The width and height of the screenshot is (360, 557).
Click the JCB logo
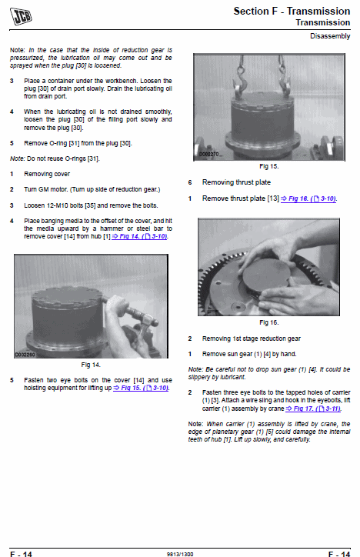click(21, 16)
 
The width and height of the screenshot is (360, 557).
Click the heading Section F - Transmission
click(292, 11)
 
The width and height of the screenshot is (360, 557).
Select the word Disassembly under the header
click(330, 36)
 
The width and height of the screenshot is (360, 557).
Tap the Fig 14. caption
click(91, 365)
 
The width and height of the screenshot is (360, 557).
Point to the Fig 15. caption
click(268, 166)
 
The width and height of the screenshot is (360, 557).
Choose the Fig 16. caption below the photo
click(268, 322)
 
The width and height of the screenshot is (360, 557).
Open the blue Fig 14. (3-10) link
click(139, 236)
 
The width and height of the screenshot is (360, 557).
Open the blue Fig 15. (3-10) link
click(141, 388)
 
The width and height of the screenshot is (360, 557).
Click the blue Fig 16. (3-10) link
click(308, 198)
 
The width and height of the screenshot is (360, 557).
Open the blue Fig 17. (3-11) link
click(313, 409)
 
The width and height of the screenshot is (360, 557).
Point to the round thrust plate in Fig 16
click(265, 275)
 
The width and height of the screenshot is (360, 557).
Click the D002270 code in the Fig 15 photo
click(208, 154)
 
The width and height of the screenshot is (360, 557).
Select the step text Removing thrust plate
click(236, 182)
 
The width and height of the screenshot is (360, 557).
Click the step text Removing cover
click(47, 174)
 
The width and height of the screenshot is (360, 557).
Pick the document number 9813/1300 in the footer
click(180, 554)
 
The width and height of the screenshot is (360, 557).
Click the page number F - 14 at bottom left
click(21, 554)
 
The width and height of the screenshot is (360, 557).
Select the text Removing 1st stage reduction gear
click(252, 339)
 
